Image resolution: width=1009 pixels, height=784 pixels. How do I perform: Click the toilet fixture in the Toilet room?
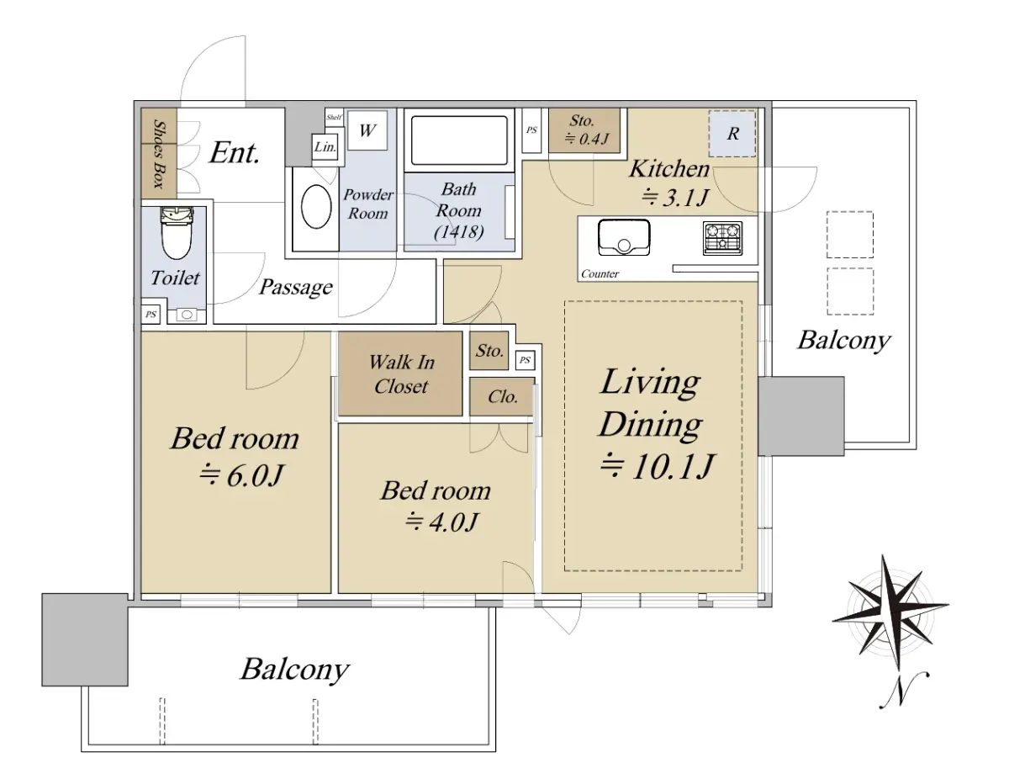[177, 232]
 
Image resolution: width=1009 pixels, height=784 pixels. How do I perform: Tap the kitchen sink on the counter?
[624, 237]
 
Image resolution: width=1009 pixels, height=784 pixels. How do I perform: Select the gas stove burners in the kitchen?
[722, 238]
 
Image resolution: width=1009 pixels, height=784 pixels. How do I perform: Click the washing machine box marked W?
[367, 130]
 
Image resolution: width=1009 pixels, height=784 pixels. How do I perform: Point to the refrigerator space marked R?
[732, 133]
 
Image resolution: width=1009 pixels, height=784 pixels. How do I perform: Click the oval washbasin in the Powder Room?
[316, 207]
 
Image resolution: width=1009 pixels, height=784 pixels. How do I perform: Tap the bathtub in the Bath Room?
[459, 140]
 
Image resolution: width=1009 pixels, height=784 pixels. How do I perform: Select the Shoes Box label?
[159, 154]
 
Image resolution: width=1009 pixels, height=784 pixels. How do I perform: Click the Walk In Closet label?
[401, 373]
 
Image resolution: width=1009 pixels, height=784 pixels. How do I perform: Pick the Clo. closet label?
[503, 397]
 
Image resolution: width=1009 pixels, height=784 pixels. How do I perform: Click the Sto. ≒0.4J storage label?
[586, 130]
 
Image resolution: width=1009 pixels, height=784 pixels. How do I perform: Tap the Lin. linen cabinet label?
[325, 147]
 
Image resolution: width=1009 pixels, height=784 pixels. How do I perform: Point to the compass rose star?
[890, 612]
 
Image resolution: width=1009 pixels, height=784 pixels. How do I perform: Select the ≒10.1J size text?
[656, 466]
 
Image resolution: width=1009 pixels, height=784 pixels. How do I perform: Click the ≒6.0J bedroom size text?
[240, 475]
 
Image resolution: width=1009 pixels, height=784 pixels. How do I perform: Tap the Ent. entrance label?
[234, 153]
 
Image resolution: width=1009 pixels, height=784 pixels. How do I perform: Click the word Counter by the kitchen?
[600, 274]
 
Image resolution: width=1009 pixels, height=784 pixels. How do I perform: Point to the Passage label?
[296, 287]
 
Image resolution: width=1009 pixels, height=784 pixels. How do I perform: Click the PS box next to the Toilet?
[151, 315]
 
